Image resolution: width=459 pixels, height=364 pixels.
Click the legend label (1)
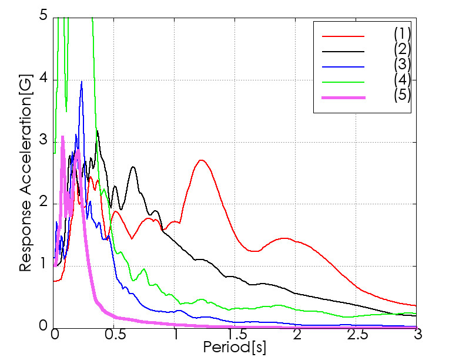(x=402, y=34)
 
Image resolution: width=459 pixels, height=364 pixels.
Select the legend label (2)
(x=402, y=49)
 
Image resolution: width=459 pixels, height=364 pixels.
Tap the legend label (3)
(x=402, y=65)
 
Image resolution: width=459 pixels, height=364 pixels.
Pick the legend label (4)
(x=402, y=80)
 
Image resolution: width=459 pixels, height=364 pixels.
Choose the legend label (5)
(x=402, y=95)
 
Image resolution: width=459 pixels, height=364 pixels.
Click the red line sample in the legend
(x=343, y=36)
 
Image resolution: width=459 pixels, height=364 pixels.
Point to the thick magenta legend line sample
(x=343, y=97)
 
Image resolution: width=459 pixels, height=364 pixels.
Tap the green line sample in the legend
(x=343, y=82)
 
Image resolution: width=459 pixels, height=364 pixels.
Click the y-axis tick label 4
(x=43, y=80)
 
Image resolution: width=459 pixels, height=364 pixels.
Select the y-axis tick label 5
(x=43, y=15)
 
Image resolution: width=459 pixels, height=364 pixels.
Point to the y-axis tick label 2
(x=43, y=203)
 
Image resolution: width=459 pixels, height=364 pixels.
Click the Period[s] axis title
(x=234, y=348)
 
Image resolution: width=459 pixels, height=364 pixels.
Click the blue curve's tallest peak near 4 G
(x=82, y=82)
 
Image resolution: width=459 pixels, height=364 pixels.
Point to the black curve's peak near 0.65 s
(x=133, y=167)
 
